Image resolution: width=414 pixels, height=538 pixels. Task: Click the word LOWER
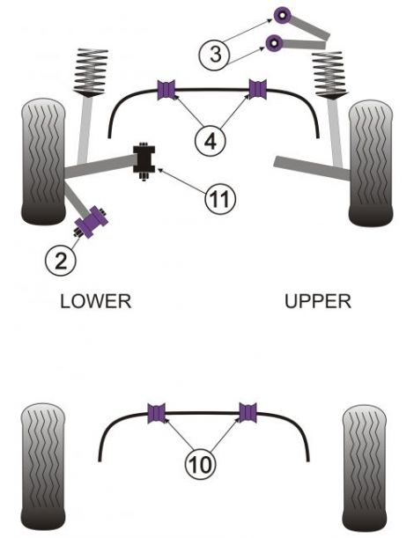pos(95,301)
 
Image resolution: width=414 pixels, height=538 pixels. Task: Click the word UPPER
pos(318,301)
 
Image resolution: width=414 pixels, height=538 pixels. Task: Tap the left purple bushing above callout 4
pos(167,89)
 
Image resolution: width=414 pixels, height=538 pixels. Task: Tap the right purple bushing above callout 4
pos(256,89)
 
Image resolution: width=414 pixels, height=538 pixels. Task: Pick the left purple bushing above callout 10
pos(159,412)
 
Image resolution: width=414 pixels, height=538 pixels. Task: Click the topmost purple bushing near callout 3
pos(284,15)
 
